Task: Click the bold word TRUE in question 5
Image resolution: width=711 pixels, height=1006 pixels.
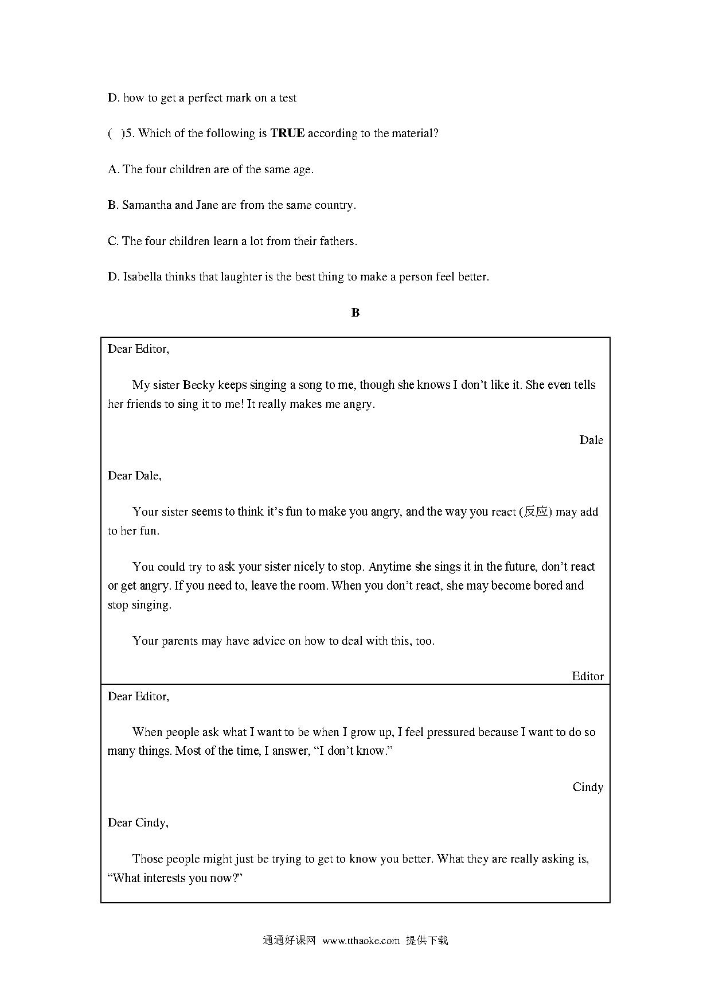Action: pyautogui.click(x=287, y=134)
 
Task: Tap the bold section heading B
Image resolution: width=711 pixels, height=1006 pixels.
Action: pyautogui.click(x=355, y=313)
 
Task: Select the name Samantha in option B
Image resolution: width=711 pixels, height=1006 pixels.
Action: pyautogui.click(x=147, y=205)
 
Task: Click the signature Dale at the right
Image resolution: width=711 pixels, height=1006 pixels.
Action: pyautogui.click(x=591, y=440)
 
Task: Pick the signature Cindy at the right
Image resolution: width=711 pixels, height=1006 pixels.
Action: pyautogui.click(x=588, y=787)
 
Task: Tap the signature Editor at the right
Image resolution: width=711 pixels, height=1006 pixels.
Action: pyautogui.click(x=588, y=676)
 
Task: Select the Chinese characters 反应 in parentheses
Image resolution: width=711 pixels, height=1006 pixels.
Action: pyautogui.click(x=536, y=512)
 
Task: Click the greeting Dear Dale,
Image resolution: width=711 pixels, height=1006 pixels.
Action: pyautogui.click(x=135, y=475)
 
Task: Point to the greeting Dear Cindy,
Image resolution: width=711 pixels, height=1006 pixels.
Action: pyautogui.click(x=138, y=822)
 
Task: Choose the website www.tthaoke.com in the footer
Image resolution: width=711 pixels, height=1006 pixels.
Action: pyautogui.click(x=361, y=941)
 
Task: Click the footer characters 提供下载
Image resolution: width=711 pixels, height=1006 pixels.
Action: pyautogui.click(x=427, y=941)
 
